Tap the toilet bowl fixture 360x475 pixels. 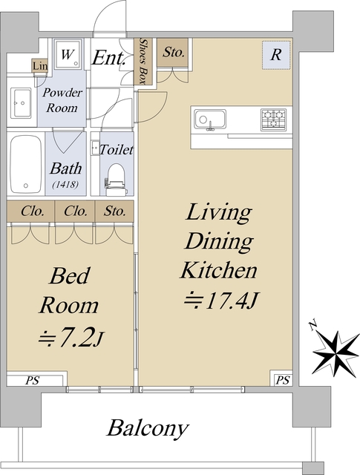(115, 180)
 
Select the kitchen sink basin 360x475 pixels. (210, 119)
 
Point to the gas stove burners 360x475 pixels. (274, 119)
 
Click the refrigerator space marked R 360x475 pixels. (276, 55)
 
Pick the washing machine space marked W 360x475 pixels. (68, 54)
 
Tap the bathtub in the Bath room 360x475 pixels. (26, 164)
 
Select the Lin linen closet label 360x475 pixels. (40, 66)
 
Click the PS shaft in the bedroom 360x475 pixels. (33, 380)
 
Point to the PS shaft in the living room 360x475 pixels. (283, 380)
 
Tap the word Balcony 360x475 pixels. (148, 429)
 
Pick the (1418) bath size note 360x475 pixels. (65, 184)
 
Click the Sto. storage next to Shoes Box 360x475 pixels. (173, 53)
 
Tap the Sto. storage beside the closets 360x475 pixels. (114, 211)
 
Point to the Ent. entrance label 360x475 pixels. (108, 58)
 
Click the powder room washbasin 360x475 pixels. (21, 103)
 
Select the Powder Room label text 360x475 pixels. (62, 100)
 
